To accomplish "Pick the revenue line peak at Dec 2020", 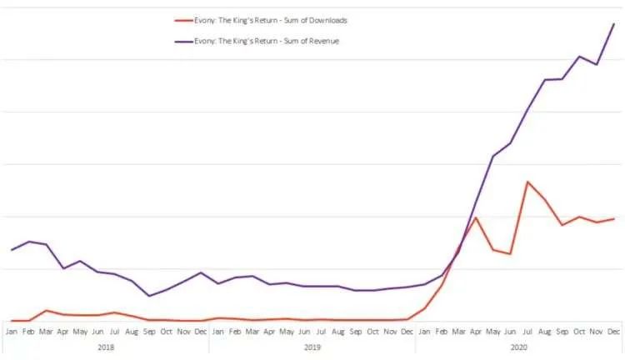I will pos(614,23).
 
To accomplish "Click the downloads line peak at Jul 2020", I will pos(527,182).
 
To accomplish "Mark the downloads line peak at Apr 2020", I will pos(476,217).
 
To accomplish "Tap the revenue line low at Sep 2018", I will pos(149,296).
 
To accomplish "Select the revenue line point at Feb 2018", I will pos(29,242).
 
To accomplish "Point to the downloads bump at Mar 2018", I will pos(47,310).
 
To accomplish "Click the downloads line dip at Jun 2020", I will pos(510,254).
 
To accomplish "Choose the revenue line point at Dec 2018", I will pos(201,272).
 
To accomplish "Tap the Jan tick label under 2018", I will pos(12,331).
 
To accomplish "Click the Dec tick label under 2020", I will pos(614,331).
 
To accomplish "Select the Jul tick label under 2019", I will pos(321,331).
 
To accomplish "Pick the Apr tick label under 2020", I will pos(476,331).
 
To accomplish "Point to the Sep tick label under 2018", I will pos(149,331).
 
